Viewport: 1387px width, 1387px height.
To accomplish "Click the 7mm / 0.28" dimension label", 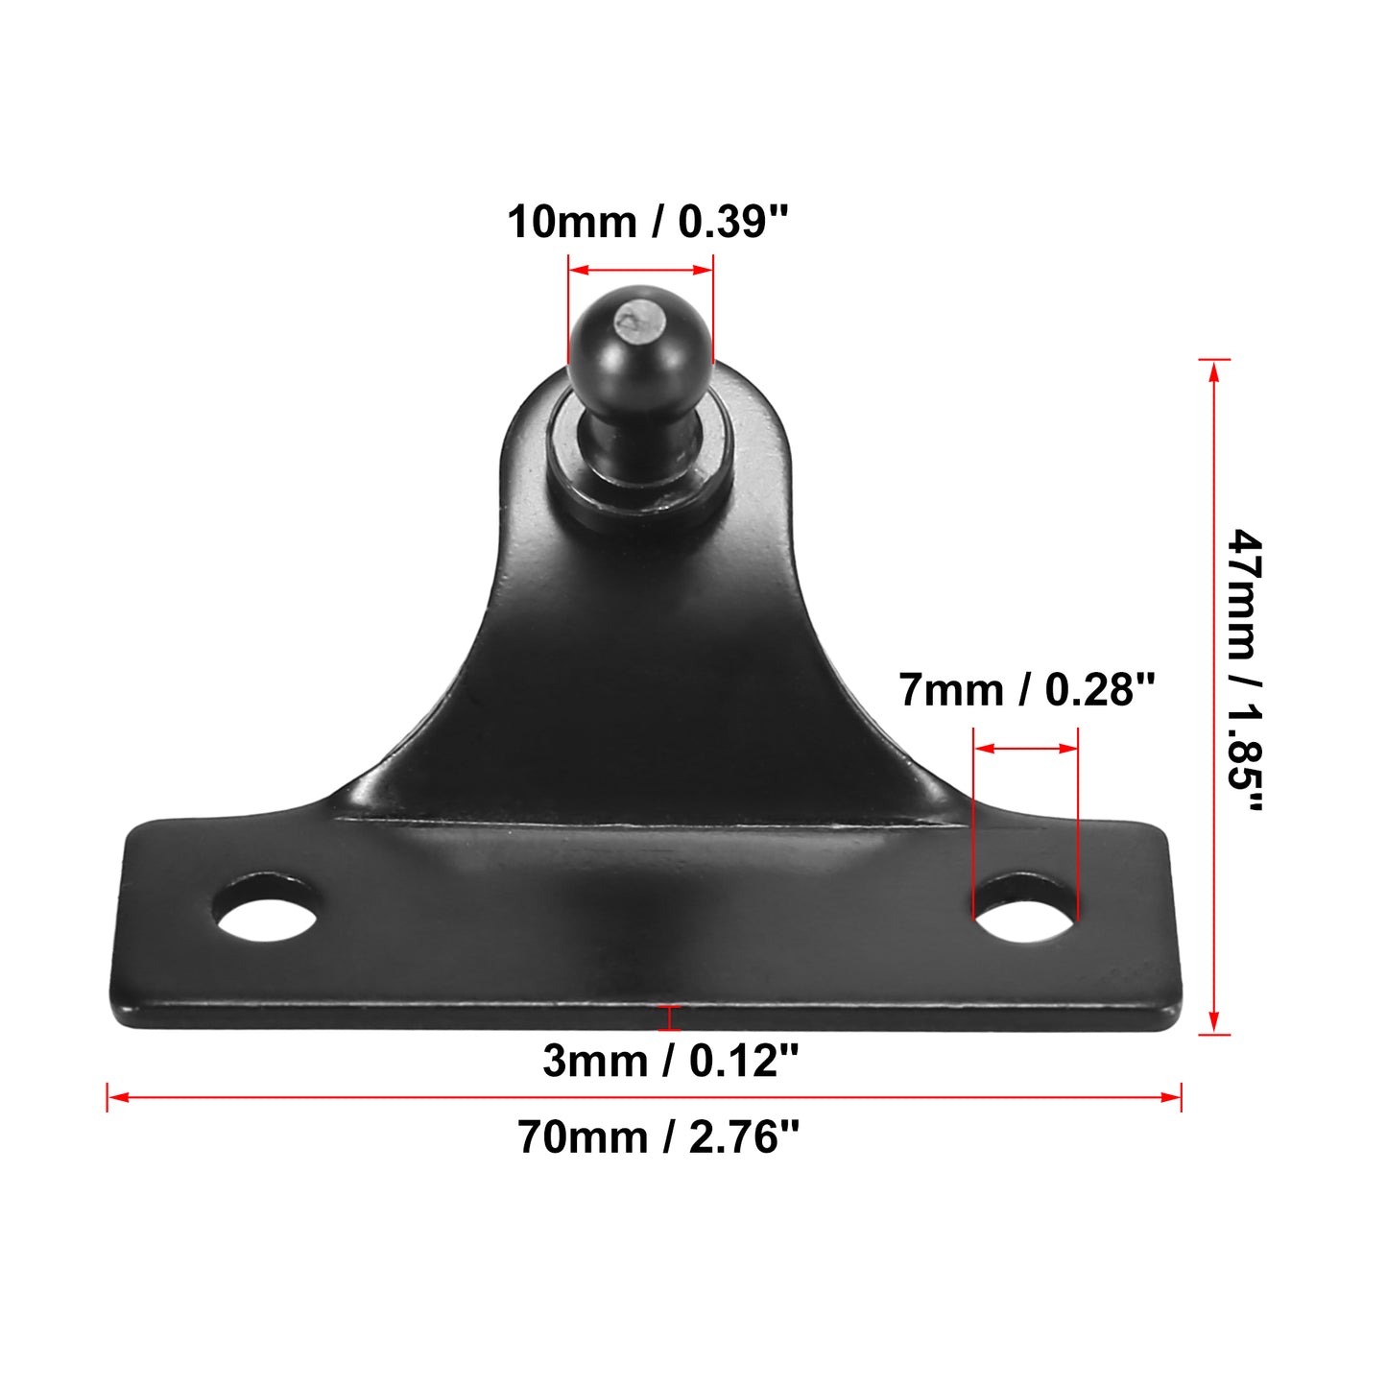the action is point(1027,690).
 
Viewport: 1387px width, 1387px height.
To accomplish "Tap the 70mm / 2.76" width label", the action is point(658,1137).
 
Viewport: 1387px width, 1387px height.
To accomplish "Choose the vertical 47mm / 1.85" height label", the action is point(1245,670).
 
